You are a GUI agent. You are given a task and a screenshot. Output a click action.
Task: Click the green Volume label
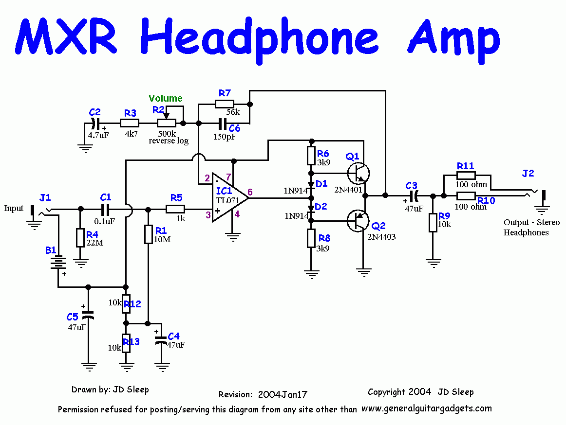coord(166,98)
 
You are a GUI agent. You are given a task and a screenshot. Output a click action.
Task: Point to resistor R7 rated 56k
coord(224,104)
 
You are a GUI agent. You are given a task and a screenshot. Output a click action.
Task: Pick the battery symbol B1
coord(58,263)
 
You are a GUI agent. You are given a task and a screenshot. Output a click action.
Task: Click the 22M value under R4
coord(95,243)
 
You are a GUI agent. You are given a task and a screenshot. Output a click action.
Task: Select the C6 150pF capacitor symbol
coord(223,123)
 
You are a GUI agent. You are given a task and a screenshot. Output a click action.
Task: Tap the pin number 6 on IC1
coord(250,192)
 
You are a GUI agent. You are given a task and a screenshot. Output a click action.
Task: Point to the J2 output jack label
coord(528,174)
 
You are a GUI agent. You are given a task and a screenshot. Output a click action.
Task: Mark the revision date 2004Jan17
coord(283,394)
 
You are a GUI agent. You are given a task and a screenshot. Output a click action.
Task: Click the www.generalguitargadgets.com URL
coord(427,408)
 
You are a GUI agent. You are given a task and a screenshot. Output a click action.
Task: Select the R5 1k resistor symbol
coord(175,209)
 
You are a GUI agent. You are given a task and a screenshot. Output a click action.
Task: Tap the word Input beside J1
coord(14,208)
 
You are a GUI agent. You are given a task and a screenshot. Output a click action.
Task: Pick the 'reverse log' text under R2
coord(169,141)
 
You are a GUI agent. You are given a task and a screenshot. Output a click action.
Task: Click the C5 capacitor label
coord(72,317)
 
